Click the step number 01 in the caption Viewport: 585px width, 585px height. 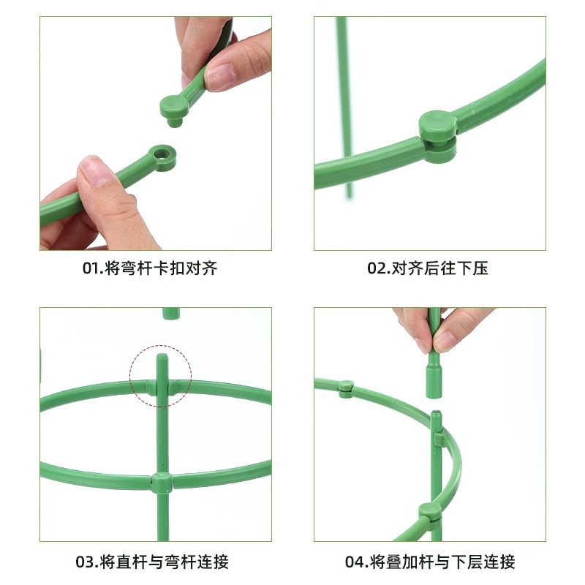click(91, 268)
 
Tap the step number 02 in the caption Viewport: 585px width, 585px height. click(377, 268)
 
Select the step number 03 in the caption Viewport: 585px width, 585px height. click(85, 562)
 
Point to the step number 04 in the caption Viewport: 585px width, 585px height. click(355, 562)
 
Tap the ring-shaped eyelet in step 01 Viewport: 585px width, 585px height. click(162, 157)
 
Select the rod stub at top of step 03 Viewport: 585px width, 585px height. click(171, 314)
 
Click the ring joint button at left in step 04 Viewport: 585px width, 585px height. click(346, 389)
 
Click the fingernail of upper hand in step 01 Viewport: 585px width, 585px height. click(220, 78)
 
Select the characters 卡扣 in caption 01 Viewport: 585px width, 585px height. click(170, 268)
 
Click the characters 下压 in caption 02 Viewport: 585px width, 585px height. click(472, 268)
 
